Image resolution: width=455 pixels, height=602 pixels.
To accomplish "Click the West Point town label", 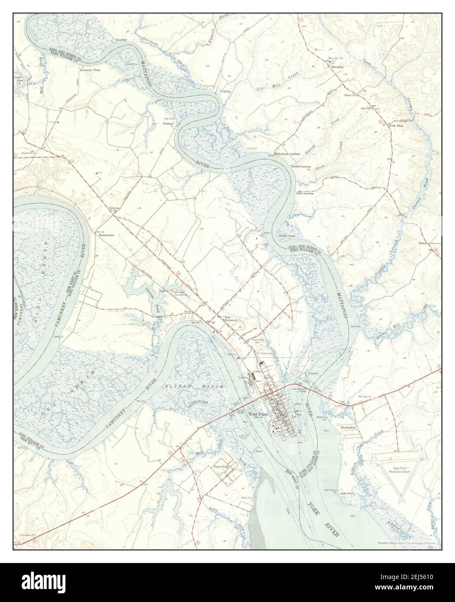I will pyautogui.click(x=258, y=413).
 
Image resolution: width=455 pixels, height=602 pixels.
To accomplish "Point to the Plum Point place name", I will pyautogui.click(x=221, y=466).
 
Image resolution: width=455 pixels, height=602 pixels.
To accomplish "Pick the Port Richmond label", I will pyautogui.click(x=230, y=319).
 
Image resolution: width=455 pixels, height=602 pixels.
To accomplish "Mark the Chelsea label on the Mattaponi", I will pyautogui.click(x=168, y=123).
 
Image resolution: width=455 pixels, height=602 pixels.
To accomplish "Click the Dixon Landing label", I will pyautogui.click(x=305, y=193).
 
